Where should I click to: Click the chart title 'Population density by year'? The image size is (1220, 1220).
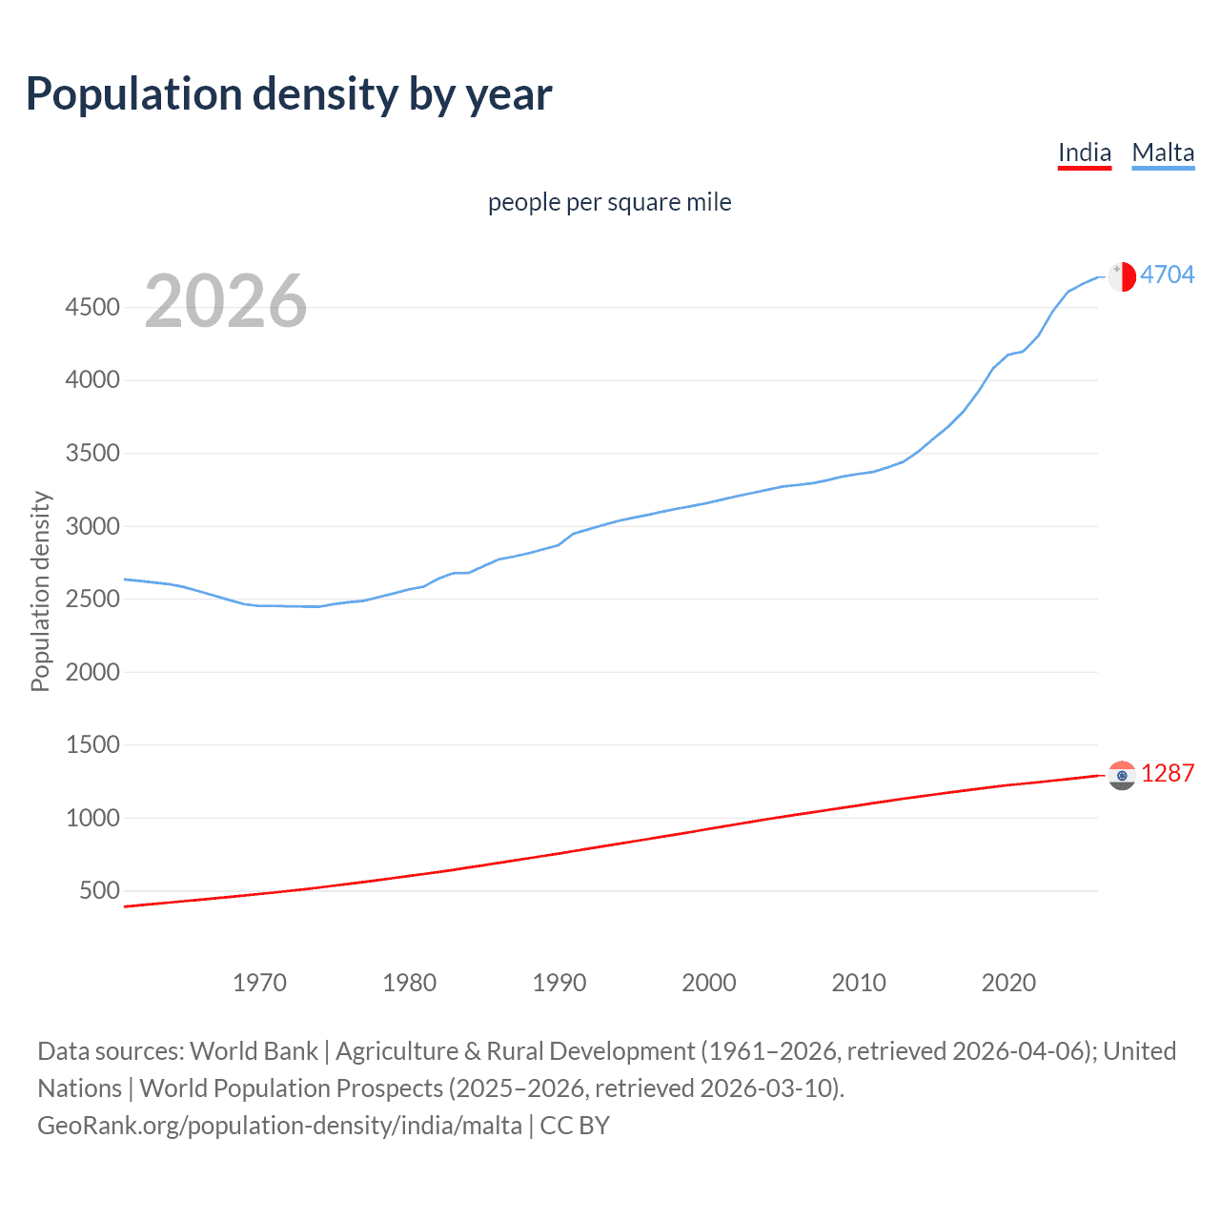pyautogui.click(x=289, y=94)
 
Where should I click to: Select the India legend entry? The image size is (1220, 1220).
pyautogui.click(x=1085, y=153)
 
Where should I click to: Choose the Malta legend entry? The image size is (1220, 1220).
pyautogui.click(x=1163, y=153)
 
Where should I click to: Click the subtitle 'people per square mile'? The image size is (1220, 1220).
pyautogui.click(x=609, y=203)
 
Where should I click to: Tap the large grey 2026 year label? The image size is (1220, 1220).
pyautogui.click(x=226, y=301)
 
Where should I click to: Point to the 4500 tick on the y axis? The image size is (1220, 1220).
pyautogui.click(x=92, y=307)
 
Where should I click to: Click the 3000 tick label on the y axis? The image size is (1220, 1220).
pyautogui.click(x=92, y=526)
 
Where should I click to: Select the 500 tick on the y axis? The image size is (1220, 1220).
pyautogui.click(x=100, y=891)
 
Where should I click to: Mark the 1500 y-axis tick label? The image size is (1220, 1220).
pyautogui.click(x=92, y=744)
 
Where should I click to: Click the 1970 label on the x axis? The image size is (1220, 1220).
pyautogui.click(x=259, y=983)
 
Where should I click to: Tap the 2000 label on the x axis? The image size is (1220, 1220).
pyautogui.click(x=708, y=983)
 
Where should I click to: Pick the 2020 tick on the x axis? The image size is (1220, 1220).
pyautogui.click(x=1008, y=983)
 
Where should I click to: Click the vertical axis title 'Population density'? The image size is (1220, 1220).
pyautogui.click(x=40, y=591)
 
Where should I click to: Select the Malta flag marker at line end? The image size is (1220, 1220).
pyautogui.click(x=1122, y=275)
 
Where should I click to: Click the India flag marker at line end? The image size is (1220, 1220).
pyautogui.click(x=1122, y=775)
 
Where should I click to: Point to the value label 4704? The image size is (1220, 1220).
pyautogui.click(x=1167, y=274)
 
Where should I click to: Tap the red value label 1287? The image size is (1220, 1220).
pyautogui.click(x=1167, y=773)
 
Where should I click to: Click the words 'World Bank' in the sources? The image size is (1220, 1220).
pyautogui.click(x=254, y=1051)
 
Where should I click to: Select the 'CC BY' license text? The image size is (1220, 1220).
pyautogui.click(x=575, y=1126)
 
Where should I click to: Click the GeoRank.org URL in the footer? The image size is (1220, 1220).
pyautogui.click(x=279, y=1126)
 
